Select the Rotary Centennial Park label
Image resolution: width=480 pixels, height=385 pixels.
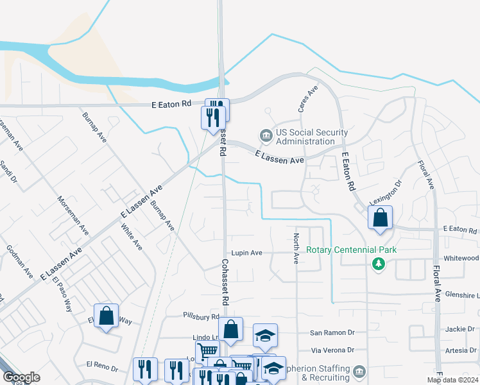tap(352, 250)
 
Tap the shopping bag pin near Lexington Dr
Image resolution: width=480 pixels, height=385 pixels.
tap(381, 218)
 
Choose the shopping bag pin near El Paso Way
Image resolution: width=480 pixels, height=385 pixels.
tap(106, 316)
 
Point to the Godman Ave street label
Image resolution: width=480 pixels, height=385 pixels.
tap(19, 261)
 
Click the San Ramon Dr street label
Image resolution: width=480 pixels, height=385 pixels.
tap(332, 333)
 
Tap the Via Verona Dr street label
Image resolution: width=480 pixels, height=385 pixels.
tap(332, 350)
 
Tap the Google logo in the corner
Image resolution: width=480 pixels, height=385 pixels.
tap(21, 377)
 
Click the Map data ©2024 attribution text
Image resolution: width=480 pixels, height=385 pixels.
tap(452, 380)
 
